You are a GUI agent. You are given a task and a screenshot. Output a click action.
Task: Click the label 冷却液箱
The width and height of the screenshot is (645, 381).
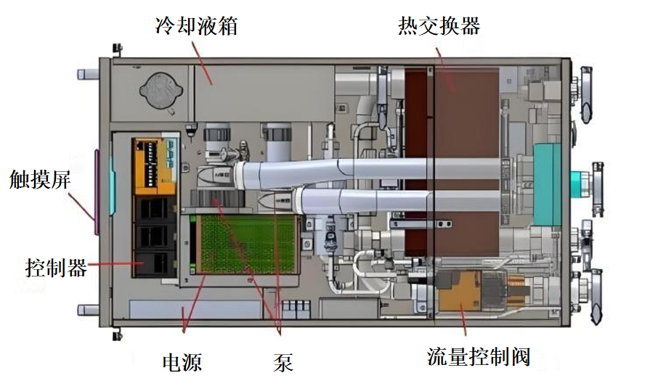[196, 26]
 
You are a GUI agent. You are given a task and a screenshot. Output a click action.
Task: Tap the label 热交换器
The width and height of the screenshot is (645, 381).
[439, 25]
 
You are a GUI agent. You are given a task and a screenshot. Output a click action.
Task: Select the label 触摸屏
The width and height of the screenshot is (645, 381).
[40, 179]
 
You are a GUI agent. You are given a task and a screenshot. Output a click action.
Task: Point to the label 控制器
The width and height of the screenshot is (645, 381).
[56, 268]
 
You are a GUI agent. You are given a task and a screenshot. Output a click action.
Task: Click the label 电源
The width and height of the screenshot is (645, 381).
[182, 362]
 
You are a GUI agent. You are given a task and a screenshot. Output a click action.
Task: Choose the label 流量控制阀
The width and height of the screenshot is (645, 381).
[479, 356]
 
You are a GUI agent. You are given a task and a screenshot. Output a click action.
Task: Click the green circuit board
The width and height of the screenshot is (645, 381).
[247, 244]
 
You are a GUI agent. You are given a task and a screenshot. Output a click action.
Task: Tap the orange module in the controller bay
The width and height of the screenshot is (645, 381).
[154, 166]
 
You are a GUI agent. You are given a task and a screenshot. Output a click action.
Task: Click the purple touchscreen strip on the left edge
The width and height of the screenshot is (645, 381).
[97, 192]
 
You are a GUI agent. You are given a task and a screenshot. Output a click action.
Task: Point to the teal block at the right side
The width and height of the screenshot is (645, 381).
[547, 184]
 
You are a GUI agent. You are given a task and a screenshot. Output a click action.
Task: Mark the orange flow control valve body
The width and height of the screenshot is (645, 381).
[460, 290]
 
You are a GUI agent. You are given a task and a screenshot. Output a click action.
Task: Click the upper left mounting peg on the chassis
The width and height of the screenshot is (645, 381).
[89, 75]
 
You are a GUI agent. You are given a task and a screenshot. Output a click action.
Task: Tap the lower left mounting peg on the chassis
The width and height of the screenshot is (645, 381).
[89, 310]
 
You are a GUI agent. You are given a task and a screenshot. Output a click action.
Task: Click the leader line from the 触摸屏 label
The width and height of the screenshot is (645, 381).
[82, 206]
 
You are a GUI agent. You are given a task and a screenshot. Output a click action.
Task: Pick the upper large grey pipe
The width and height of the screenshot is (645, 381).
[370, 173]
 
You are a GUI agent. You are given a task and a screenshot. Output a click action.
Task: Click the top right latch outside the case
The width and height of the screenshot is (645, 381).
[586, 94]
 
